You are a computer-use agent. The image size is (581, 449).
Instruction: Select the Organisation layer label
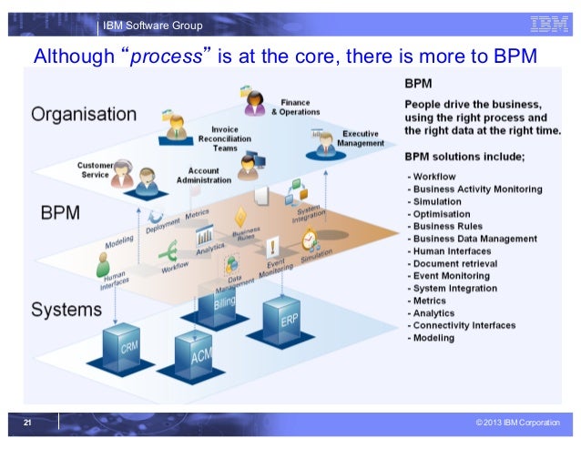point(84,115)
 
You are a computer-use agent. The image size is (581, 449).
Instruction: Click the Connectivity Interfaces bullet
point(464,325)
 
